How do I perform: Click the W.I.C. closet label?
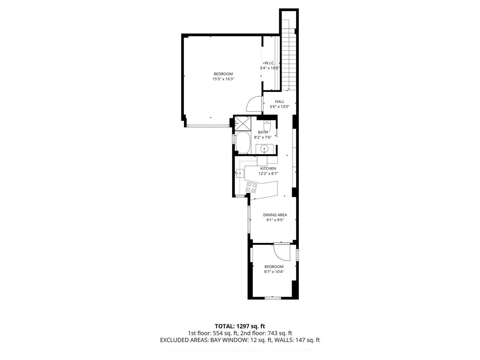tap(270, 63)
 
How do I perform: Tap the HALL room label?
tap(280, 102)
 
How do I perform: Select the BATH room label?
tap(263, 132)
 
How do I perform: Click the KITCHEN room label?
tap(268, 168)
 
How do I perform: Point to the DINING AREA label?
tap(275, 215)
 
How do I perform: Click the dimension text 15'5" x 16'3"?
tap(223, 79)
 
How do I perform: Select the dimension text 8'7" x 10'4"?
tap(274, 272)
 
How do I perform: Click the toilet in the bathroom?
tap(267, 126)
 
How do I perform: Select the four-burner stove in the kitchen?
tap(251, 187)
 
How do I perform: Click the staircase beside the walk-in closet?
tap(288, 54)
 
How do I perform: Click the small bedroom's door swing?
tap(281, 252)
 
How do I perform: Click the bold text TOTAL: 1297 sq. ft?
tap(240, 327)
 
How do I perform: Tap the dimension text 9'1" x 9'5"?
tap(275, 220)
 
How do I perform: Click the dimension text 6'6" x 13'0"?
tap(280, 107)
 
